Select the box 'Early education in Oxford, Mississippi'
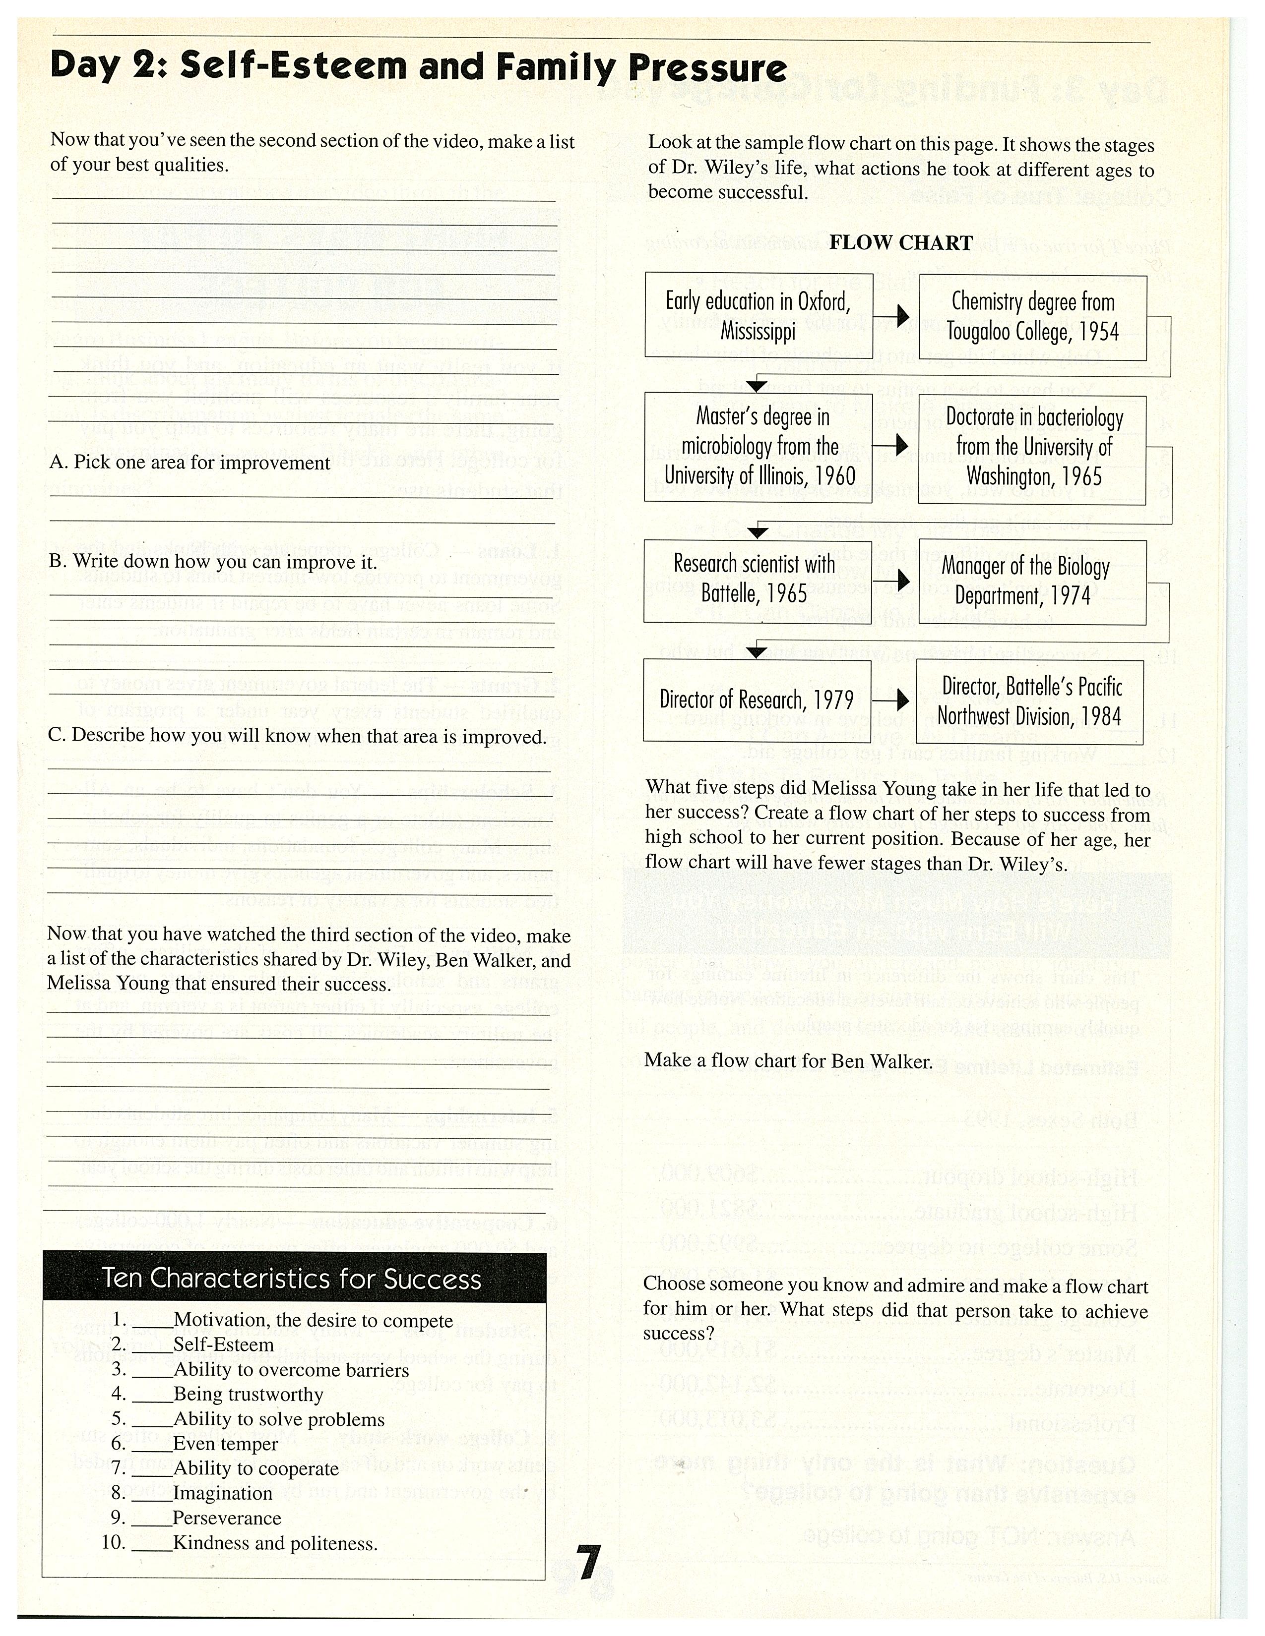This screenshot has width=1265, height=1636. click(759, 315)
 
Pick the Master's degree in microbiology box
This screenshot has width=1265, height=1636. click(759, 447)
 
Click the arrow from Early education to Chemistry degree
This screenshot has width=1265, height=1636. click(896, 316)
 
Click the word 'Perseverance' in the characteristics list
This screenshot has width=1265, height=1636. click(227, 1519)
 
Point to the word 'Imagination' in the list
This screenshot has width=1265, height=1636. click(223, 1494)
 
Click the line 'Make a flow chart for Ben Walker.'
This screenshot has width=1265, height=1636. click(788, 1061)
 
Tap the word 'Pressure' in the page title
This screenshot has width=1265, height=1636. click(707, 68)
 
